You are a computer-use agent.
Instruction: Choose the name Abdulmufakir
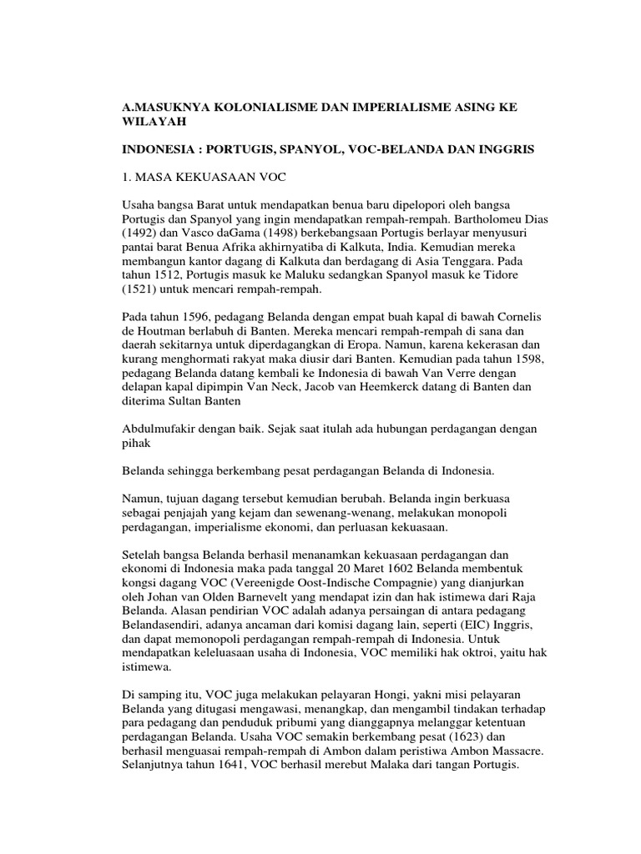tap(159, 429)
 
